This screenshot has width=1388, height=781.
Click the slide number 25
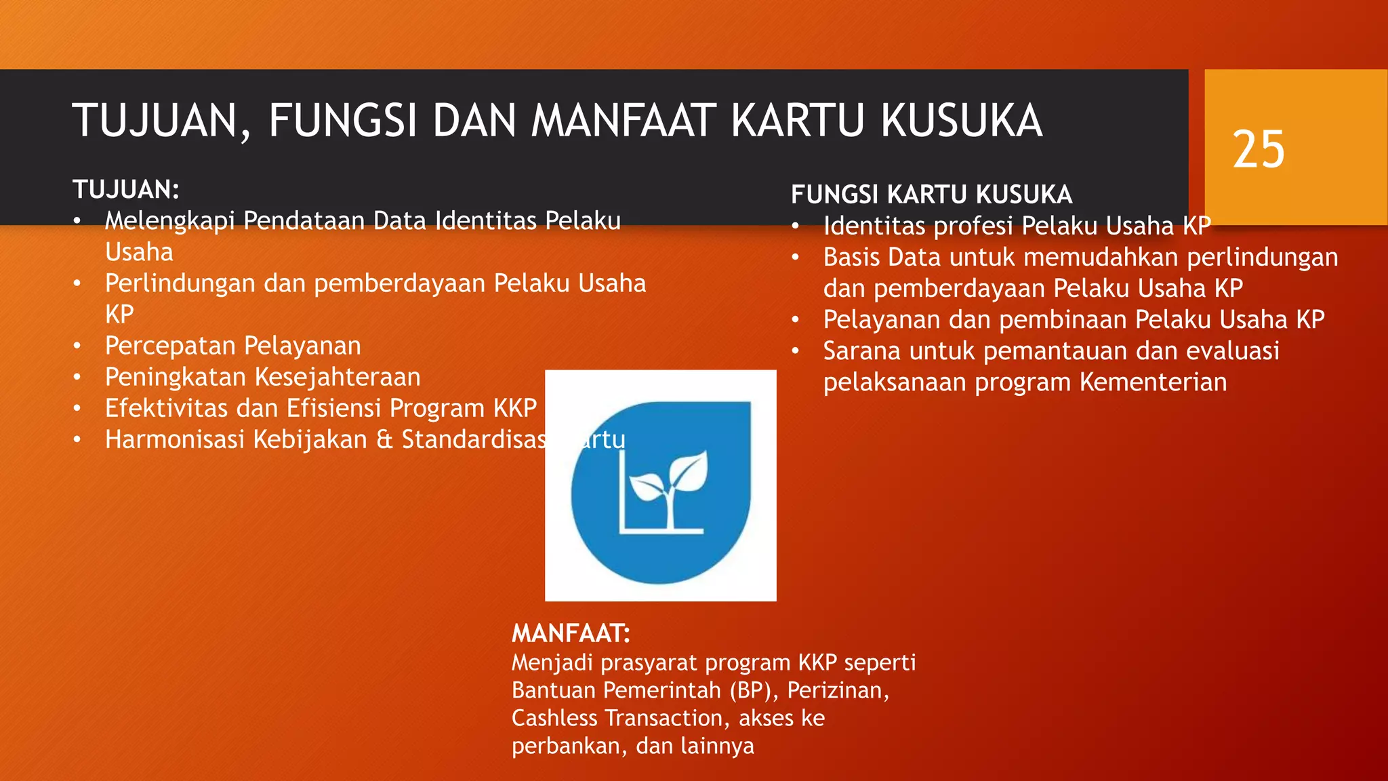point(1259,149)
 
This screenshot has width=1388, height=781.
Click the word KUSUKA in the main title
point(961,121)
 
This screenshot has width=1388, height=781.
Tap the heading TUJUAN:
point(126,190)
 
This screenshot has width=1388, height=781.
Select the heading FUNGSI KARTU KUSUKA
point(931,195)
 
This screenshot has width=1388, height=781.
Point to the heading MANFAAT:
point(571,633)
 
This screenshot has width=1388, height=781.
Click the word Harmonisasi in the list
point(174,439)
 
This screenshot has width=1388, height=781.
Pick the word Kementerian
point(1153,382)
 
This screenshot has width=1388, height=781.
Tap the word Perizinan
point(838,690)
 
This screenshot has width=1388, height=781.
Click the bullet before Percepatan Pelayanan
point(77,346)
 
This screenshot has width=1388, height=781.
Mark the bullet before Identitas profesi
point(796,226)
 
